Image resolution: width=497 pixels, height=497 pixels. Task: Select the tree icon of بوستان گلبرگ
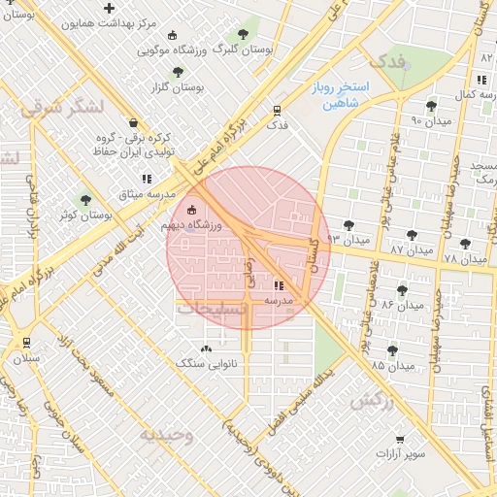[243, 34]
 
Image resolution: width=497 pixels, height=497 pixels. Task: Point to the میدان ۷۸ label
[465, 259]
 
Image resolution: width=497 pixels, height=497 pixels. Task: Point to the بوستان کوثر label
[83, 215]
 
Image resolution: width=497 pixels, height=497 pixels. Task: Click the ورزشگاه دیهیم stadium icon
[190, 210]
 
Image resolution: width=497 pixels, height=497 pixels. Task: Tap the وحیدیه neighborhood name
[166, 435]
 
